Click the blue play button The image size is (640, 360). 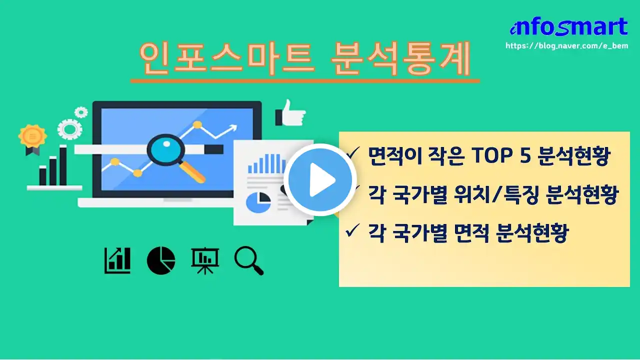pos(320,179)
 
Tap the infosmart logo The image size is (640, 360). pos(568,26)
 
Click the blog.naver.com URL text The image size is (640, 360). pos(567,45)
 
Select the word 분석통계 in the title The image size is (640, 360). pos(400,58)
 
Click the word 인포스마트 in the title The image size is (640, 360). pos(227,58)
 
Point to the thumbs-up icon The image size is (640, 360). pos(290,113)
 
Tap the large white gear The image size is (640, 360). pos(69,129)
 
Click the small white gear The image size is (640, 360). pos(81,112)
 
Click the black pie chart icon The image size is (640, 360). pos(161,260)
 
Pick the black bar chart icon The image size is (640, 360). pos(117,260)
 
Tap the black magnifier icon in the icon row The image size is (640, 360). pos(249,260)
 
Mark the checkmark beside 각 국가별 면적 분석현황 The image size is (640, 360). pos(352,230)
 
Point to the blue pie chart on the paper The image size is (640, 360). pos(258,202)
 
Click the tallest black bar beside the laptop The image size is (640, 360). pos(63,165)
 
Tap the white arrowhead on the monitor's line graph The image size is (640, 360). pos(233,127)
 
